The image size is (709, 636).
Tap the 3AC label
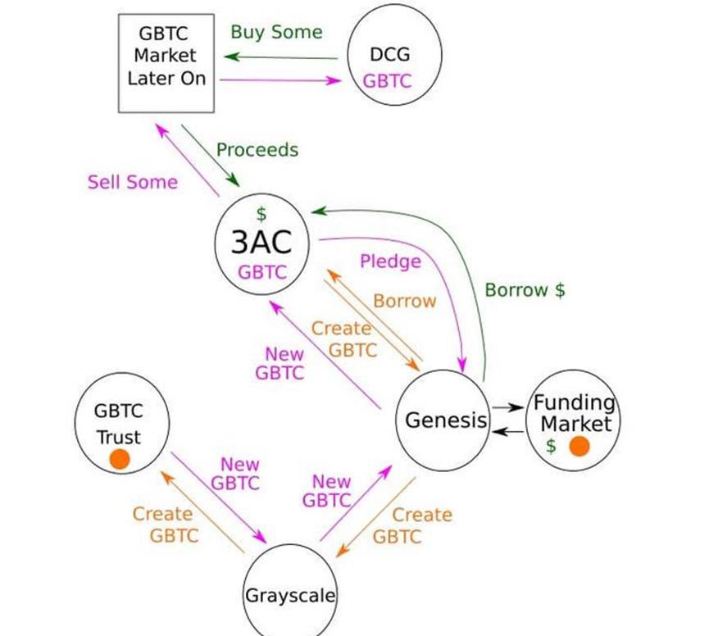261,243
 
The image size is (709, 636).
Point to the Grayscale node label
290,595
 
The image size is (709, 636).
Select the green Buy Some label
276,32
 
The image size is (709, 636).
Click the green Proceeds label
257,150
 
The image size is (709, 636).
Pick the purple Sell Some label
132,182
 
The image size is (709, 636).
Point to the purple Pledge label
390,261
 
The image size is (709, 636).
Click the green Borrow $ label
525,290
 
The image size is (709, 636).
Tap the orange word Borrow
405,301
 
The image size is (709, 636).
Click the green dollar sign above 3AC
261,215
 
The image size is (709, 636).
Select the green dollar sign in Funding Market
551,447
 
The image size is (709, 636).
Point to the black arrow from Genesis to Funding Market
508,407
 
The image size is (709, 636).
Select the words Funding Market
575,413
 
